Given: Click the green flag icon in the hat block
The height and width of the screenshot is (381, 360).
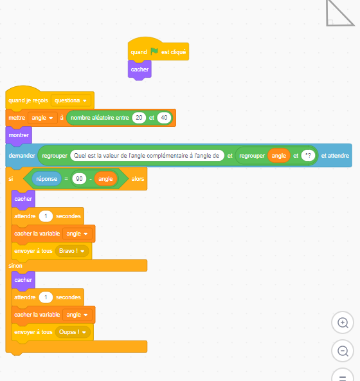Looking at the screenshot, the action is (x=154, y=51).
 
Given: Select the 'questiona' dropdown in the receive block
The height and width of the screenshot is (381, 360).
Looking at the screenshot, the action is (x=71, y=100).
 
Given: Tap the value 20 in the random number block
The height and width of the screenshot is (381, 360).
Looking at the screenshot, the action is (x=139, y=118).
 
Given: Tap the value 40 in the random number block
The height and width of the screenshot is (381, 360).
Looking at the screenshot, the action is (x=164, y=118).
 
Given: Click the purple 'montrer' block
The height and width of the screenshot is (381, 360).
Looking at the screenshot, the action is (x=19, y=135).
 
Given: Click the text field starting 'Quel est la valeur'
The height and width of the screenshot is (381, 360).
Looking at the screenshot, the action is (x=147, y=156).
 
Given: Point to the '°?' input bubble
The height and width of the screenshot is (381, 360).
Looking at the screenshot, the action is (x=308, y=156).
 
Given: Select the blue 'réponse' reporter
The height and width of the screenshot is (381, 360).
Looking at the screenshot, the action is (x=47, y=179).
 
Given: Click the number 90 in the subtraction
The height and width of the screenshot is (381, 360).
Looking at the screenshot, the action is (x=79, y=179).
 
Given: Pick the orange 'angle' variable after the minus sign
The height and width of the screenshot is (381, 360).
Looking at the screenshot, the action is (x=105, y=179).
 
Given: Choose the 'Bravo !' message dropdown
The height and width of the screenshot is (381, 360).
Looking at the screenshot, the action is (x=72, y=251).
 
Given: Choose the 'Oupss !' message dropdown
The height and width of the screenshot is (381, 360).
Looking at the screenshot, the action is (x=73, y=332).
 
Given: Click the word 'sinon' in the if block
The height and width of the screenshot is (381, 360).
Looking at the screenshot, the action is (x=15, y=266).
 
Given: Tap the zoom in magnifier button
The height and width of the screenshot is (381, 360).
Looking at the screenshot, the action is (x=343, y=322).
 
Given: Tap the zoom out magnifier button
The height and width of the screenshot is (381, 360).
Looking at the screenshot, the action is (x=343, y=351).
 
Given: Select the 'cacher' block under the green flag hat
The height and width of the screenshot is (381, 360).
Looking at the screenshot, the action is (x=139, y=70).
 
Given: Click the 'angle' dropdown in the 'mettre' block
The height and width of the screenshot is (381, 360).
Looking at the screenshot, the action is (x=42, y=118).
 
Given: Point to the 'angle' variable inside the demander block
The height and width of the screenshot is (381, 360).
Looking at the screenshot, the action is (x=279, y=156).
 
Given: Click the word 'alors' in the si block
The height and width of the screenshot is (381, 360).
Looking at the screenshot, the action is (x=138, y=179).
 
